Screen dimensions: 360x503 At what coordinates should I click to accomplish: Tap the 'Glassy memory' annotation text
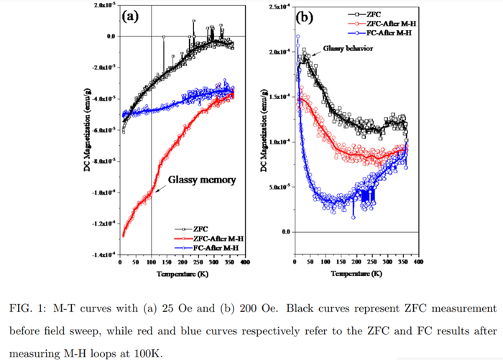pyautogui.click(x=202, y=180)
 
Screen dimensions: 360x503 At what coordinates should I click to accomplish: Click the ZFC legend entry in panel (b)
pyautogui.click(x=377, y=14)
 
